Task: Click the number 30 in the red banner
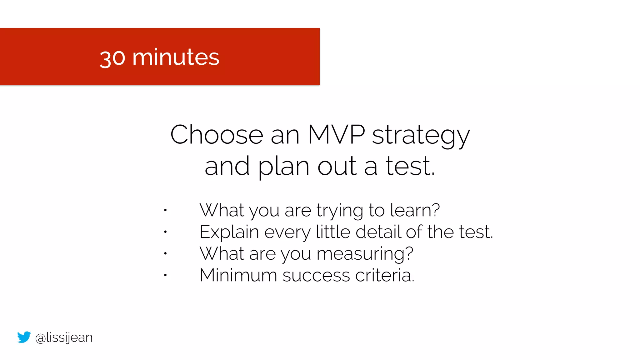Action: click(112, 58)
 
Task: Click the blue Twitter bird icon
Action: click(24, 337)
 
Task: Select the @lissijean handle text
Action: click(64, 337)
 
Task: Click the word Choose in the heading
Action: click(217, 135)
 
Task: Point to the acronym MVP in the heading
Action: click(336, 135)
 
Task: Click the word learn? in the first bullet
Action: click(415, 210)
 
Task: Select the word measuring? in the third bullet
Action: click(365, 254)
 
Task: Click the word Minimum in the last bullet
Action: click(238, 275)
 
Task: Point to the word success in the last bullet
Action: click(316, 276)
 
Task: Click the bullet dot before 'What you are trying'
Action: click(165, 210)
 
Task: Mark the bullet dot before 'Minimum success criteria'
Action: click(165, 275)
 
